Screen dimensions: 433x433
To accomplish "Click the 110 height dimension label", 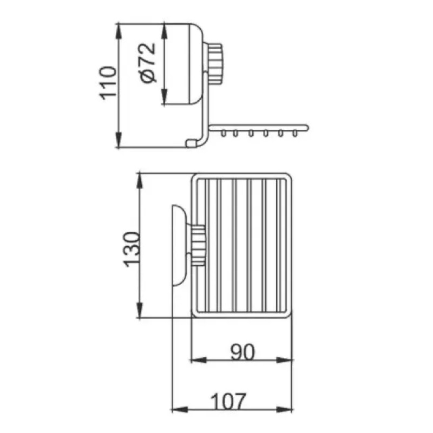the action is tap(108, 83).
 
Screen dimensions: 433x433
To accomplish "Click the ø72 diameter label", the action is tap(148, 63).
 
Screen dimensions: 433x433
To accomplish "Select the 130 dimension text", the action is tap(132, 250).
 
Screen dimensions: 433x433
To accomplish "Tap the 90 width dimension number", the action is tap(242, 352).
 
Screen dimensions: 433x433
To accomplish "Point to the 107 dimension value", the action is tap(228, 402).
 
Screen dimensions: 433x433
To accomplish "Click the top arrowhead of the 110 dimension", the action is tap(119, 31).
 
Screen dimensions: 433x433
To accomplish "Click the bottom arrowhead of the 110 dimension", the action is tap(119, 140).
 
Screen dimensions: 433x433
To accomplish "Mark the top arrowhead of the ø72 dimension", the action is tap(165, 31).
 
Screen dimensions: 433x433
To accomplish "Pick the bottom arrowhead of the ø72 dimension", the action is tap(165, 97).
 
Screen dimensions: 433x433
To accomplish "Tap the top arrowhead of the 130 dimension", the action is tap(140, 181).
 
